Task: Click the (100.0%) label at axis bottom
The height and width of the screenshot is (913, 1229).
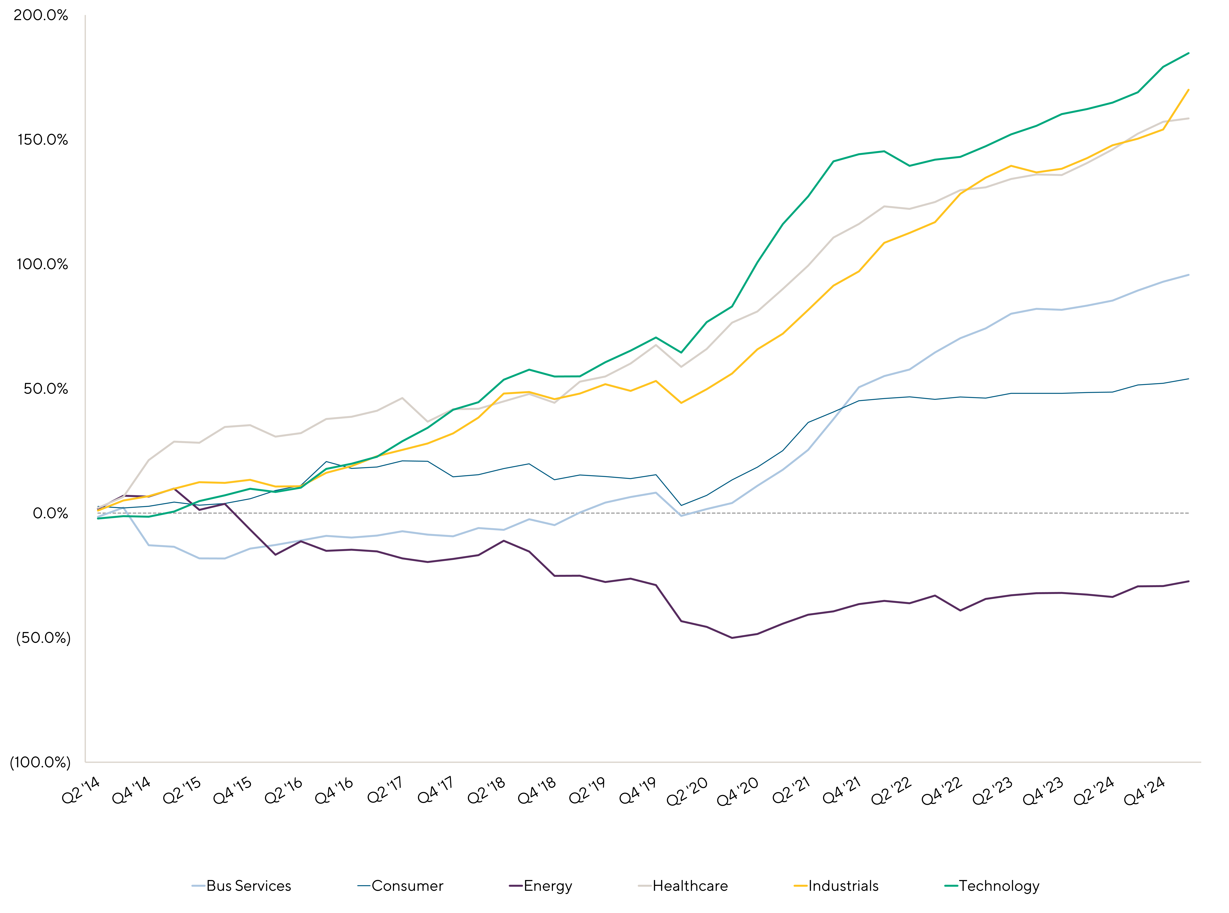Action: [40, 763]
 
